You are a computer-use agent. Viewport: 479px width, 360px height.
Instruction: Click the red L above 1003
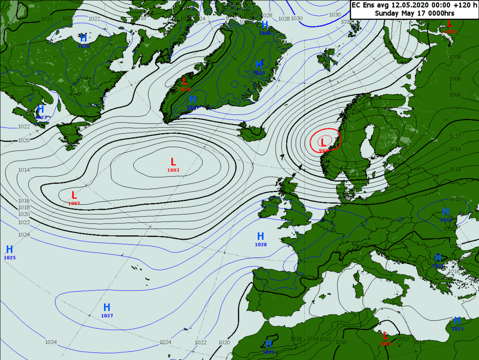(173, 162)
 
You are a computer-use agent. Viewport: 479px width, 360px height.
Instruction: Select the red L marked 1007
(74, 195)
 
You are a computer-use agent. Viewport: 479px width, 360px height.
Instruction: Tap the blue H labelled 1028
(260, 236)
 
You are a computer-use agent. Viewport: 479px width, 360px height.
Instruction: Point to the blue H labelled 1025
(9, 249)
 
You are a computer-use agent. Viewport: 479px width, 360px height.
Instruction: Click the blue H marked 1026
(83, 38)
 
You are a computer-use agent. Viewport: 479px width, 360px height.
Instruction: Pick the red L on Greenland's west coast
(185, 81)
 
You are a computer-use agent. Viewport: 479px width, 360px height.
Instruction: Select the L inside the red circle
(323, 142)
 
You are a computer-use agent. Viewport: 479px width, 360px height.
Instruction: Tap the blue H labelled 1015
(457, 320)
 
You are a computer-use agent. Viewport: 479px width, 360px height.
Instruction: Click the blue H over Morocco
(269, 344)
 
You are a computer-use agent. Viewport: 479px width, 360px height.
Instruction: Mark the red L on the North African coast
(385, 336)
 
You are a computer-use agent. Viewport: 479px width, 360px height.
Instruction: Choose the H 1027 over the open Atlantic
(107, 307)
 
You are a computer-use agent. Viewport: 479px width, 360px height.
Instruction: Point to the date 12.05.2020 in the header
(409, 5)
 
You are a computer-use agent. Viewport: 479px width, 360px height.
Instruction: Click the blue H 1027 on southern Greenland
(192, 99)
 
